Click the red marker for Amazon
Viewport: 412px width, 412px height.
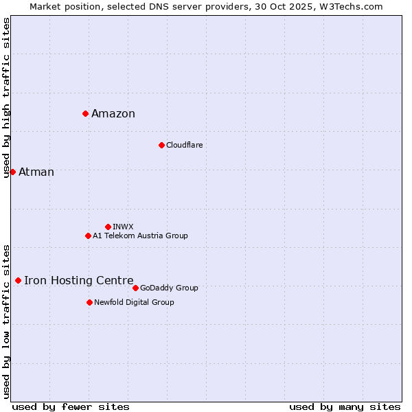pyautogui.click(x=85, y=113)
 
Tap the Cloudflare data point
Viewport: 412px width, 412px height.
pyautogui.click(x=161, y=145)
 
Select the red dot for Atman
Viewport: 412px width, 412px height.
pyautogui.click(x=12, y=172)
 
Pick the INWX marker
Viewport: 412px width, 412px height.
pyautogui.click(x=108, y=227)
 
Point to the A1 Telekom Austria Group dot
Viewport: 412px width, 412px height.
pyautogui.click(x=88, y=236)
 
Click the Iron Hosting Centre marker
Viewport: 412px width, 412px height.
pyautogui.click(x=18, y=280)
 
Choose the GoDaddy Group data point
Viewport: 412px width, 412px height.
pyautogui.click(x=135, y=288)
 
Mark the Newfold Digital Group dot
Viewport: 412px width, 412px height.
pyautogui.click(x=89, y=302)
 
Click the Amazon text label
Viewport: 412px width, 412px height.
pyautogui.click(x=113, y=114)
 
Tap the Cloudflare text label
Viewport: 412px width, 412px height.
pyautogui.click(x=184, y=145)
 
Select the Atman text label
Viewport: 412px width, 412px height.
pyautogui.click(x=36, y=172)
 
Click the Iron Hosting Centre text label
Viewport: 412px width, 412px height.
pyautogui.click(x=79, y=280)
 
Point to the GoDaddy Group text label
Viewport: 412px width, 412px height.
pyautogui.click(x=169, y=288)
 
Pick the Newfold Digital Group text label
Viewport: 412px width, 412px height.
pyautogui.click(x=134, y=302)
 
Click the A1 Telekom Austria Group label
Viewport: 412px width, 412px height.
pyautogui.click(x=140, y=236)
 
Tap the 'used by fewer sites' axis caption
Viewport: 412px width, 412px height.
pyautogui.click(x=71, y=407)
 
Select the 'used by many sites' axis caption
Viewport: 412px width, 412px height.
pyautogui.click(x=345, y=407)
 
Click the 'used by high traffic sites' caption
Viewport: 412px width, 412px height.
pyautogui.click(x=7, y=98)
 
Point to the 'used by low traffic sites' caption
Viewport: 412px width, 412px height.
pyautogui.click(x=7, y=321)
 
